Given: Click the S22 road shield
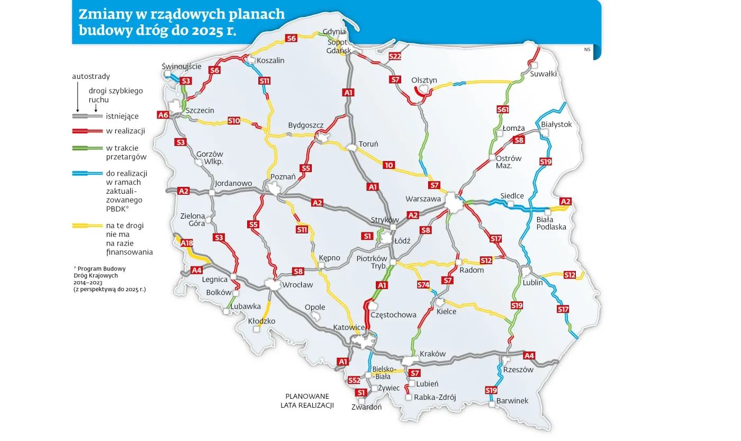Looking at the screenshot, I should tap(395, 57).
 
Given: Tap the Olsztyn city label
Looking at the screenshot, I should tap(424, 80).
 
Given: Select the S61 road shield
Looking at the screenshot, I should tap(502, 110).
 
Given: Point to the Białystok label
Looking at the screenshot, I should tap(557, 124).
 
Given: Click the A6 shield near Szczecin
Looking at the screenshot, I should tap(163, 115).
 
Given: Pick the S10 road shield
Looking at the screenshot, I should tap(234, 121).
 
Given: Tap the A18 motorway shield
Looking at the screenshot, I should tap(187, 243).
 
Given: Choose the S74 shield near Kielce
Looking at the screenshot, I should tap(423, 285).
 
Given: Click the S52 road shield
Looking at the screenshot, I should tap(355, 381).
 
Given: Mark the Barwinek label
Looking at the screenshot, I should tap(512, 401).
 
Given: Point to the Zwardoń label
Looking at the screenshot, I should tap(366, 407).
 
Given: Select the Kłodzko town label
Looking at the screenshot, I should tap(261, 321).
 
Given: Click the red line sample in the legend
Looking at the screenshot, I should tap(87, 131).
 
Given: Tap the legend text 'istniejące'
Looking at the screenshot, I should tap(122, 115).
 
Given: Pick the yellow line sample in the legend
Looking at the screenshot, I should tap(87, 226).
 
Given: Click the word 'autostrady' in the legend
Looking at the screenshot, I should tap(91, 76).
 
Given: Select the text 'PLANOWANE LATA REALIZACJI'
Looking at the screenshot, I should tap(307, 401).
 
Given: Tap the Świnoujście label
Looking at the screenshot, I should tap(181, 67).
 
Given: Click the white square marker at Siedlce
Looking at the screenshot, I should tap(511, 203).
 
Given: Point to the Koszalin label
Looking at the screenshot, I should tap(270, 60).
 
